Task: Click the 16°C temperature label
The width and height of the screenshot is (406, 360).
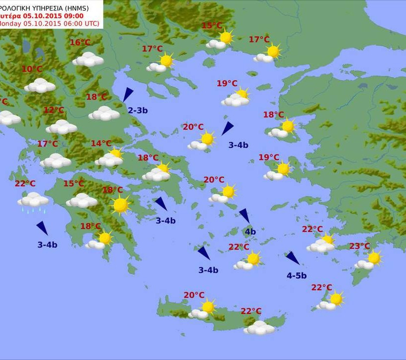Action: (x=80, y=43)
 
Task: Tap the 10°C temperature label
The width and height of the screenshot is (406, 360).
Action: (x=32, y=69)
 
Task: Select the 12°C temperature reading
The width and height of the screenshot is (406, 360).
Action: (x=54, y=110)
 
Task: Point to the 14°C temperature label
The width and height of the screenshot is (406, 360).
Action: (x=101, y=144)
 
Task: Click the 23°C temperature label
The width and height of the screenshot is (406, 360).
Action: (x=359, y=246)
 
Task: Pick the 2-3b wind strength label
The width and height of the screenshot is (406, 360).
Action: (x=138, y=110)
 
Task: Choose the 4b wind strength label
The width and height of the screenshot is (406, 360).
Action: (x=250, y=231)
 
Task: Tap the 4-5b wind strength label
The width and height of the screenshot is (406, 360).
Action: (x=297, y=276)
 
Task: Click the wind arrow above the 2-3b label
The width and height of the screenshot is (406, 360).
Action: (x=128, y=94)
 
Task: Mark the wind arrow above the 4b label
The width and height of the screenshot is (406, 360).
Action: (x=245, y=215)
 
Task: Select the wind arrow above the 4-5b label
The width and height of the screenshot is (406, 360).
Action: (x=293, y=258)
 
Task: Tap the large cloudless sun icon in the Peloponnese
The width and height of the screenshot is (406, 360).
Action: (x=120, y=205)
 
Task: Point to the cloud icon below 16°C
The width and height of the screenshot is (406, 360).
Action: (x=88, y=59)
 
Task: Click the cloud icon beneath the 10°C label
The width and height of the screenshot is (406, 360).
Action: (x=40, y=86)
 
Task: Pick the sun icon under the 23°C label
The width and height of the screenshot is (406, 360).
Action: (x=374, y=258)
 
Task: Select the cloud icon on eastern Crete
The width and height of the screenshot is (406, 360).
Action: (x=259, y=327)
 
